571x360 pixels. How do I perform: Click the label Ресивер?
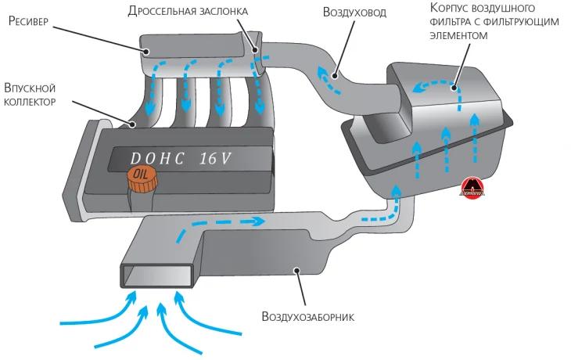pos(29,20)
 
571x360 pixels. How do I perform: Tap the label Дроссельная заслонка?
pos(188,11)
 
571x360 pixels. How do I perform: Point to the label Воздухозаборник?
pos(309,317)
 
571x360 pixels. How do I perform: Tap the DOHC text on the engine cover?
pos(157,158)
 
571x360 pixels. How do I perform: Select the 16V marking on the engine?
pos(215,158)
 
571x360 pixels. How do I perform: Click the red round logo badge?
pos(473,187)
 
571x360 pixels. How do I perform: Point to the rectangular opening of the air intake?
pos(156,274)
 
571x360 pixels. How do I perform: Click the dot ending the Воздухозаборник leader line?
pos(296,271)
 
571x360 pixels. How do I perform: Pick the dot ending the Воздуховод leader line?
pos(334,76)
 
